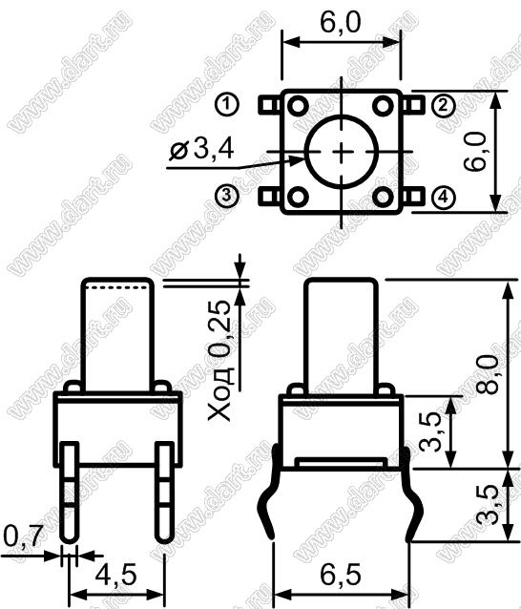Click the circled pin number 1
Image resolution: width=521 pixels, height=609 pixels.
[227, 104]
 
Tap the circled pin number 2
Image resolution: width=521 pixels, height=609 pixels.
[443, 105]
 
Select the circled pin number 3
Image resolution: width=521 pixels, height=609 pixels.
[227, 196]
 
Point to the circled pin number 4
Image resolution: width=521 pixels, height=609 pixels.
[443, 198]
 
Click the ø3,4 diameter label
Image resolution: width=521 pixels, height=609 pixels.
[201, 149]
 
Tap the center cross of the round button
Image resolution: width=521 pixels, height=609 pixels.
[342, 152]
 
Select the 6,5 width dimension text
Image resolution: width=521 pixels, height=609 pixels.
[341, 575]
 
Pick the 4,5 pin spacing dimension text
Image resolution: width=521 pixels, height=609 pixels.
[116, 575]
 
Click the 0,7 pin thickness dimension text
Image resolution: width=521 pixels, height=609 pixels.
[22, 536]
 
